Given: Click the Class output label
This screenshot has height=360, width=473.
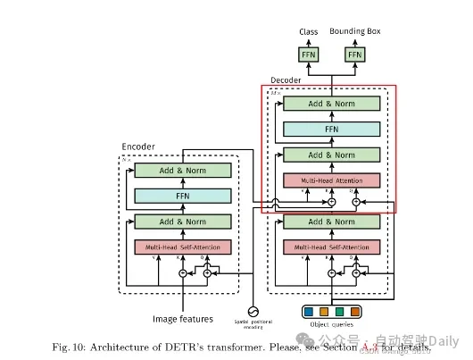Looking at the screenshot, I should [x=309, y=32].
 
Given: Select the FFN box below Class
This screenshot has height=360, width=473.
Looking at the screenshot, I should [x=309, y=54].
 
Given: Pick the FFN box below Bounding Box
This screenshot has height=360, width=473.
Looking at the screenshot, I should [x=355, y=54].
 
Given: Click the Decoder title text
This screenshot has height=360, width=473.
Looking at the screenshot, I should [x=286, y=80].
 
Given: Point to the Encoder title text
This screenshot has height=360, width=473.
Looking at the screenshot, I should [x=137, y=147].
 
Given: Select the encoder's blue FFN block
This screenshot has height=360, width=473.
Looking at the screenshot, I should [x=182, y=195].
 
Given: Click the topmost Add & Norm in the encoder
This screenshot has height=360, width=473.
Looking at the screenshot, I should [x=182, y=170].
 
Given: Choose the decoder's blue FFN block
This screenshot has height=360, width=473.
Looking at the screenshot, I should [x=331, y=130].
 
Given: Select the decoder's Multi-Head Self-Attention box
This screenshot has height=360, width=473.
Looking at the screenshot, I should [x=331, y=247].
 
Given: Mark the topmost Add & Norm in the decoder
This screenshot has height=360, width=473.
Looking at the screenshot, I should [x=331, y=104].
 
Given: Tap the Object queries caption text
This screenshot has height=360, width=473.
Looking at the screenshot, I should [x=331, y=326].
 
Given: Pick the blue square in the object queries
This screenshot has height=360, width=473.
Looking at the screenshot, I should [x=309, y=312].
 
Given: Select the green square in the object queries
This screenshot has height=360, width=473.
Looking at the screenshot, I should [x=339, y=312].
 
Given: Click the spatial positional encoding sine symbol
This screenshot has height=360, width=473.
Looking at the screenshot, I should [x=252, y=312].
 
